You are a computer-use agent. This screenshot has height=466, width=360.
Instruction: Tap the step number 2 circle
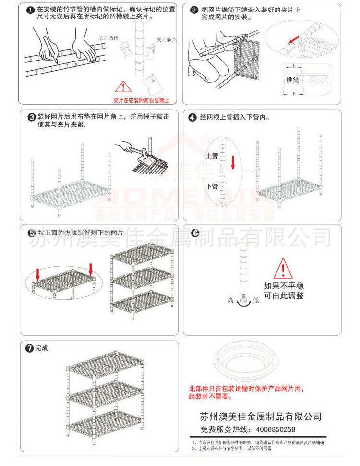[195, 10]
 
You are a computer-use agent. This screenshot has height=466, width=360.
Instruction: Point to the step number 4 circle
[192, 117]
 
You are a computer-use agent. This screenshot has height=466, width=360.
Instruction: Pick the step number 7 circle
[30, 348]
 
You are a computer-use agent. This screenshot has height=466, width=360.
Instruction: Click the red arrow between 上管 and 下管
[233, 161]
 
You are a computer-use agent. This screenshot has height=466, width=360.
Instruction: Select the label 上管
[212, 156]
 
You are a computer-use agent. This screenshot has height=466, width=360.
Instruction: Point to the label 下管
[212, 186]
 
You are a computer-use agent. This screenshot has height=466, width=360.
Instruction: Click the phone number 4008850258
[272, 430]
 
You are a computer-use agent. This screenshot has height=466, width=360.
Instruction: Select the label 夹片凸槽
[108, 37]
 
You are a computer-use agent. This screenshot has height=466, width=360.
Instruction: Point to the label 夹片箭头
[166, 40]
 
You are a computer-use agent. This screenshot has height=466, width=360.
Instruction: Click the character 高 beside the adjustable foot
[230, 300]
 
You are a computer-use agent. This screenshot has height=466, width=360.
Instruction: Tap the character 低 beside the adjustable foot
[256, 300]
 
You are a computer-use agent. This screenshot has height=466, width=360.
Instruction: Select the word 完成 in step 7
[42, 348]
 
